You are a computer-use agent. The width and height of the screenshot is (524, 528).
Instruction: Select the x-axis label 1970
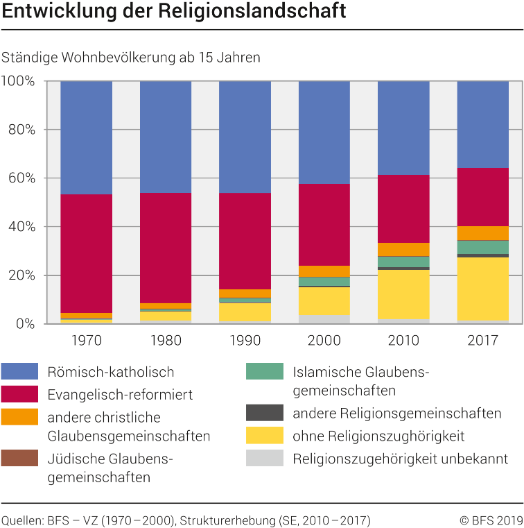click(87, 341)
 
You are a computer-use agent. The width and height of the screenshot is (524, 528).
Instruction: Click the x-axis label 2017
click(484, 341)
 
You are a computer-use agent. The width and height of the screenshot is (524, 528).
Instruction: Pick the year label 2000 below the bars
click(324, 341)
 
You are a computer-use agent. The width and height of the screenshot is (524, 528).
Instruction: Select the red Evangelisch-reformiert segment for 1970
click(87, 253)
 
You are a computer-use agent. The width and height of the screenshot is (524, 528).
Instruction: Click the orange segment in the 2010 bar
click(403, 249)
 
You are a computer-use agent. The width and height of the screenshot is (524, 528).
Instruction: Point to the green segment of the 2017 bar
click(484, 247)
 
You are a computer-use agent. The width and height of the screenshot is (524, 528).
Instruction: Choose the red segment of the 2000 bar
click(324, 225)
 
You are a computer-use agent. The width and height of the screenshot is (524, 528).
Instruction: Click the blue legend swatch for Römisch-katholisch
click(19, 372)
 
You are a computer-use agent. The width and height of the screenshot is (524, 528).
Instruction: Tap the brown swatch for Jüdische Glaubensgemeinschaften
click(19, 458)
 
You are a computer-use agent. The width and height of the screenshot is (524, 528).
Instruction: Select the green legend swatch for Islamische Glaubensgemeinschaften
click(265, 372)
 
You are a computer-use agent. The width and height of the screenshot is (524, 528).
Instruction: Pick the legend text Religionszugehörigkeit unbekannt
click(400, 459)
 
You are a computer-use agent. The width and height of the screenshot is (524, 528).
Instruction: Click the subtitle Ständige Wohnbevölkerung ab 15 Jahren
click(131, 58)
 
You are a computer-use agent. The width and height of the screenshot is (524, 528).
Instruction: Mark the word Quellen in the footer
click(21, 520)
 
